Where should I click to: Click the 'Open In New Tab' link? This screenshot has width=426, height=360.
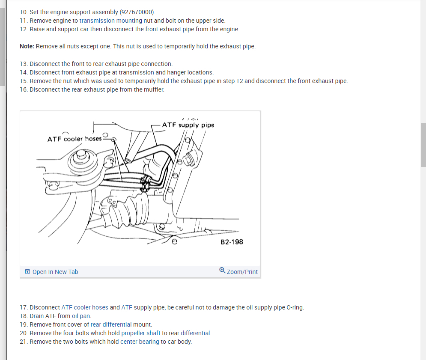point(55,272)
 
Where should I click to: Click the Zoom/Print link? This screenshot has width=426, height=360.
point(242,272)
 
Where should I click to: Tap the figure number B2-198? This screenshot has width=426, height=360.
point(232,242)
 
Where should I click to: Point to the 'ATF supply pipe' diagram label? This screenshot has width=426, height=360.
point(188,125)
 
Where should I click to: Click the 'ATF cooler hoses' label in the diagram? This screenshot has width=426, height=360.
point(74,139)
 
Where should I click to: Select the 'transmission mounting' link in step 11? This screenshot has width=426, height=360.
point(111,21)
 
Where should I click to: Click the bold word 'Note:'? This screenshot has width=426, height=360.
point(27,46)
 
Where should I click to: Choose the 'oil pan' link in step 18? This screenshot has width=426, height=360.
point(81,316)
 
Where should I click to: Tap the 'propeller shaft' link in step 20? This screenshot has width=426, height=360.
point(141,333)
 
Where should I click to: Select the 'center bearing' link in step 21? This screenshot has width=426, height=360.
point(140,342)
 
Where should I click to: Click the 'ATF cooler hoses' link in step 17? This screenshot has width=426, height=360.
point(85,307)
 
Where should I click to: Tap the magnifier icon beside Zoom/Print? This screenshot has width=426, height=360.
point(222,271)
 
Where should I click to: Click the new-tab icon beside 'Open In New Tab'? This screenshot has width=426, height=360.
point(27,272)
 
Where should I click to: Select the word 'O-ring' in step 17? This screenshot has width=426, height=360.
point(294,307)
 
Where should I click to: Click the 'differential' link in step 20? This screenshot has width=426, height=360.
point(196,333)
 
